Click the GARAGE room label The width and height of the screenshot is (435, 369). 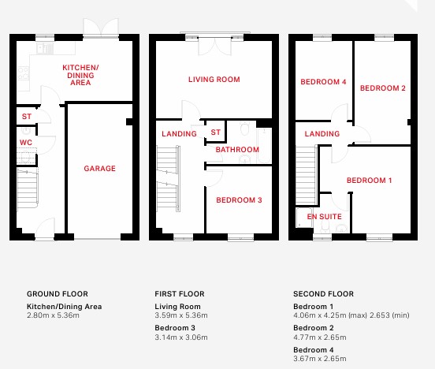tap(99, 168)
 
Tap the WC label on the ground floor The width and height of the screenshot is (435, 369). tap(26, 143)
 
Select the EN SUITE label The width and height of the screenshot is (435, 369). tap(325, 217)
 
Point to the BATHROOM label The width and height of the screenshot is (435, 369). tap(237, 150)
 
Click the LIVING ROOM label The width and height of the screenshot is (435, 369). tap(214, 80)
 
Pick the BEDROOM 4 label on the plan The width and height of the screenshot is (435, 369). tap(323, 82)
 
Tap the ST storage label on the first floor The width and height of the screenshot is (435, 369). tap(216, 132)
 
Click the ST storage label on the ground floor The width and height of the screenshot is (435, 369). tap(27, 117)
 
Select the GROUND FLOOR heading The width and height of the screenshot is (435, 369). tap(58, 294)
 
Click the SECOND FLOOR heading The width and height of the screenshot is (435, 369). tap(323, 294)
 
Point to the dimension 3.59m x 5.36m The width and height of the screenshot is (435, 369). tap(181, 315)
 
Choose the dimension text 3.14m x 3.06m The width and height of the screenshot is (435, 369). tap(181, 337)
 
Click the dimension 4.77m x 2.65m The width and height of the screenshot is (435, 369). tap(320, 337)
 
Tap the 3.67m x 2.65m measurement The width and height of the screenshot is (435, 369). tap(320, 359)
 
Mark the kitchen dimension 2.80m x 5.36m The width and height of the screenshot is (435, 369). tap(53, 315)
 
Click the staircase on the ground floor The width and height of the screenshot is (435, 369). tap(28, 188)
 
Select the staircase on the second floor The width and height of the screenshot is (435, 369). tap(306, 175)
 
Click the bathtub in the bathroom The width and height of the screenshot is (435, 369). tap(264, 146)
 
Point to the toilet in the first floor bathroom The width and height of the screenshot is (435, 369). tap(244, 128)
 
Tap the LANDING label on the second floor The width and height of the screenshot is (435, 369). tap(322, 134)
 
